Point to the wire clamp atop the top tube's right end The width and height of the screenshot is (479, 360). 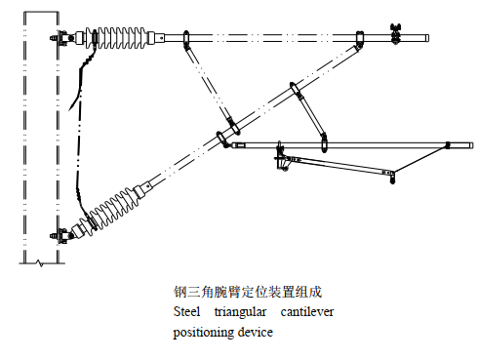396,31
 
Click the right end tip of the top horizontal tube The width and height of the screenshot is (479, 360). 428,40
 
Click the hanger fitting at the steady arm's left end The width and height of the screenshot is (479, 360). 282,157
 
